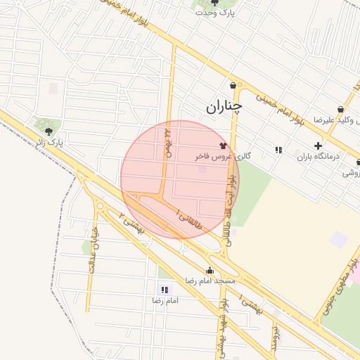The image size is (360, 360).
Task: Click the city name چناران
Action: point(224,107)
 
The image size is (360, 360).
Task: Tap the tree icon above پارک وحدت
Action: point(214,3)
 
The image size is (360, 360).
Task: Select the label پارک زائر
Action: point(50,142)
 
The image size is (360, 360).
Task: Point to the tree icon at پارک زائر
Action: point(49,131)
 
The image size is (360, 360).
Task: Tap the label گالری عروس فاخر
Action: point(224,156)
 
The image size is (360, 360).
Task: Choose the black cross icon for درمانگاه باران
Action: point(318,145)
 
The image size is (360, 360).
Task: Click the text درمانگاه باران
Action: point(317,156)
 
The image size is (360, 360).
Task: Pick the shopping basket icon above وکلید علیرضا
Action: point(341,110)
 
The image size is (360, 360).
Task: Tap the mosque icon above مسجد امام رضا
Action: point(210,271)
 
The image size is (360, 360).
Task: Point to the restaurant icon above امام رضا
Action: point(165,290)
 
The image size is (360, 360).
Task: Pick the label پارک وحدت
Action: point(214,13)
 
